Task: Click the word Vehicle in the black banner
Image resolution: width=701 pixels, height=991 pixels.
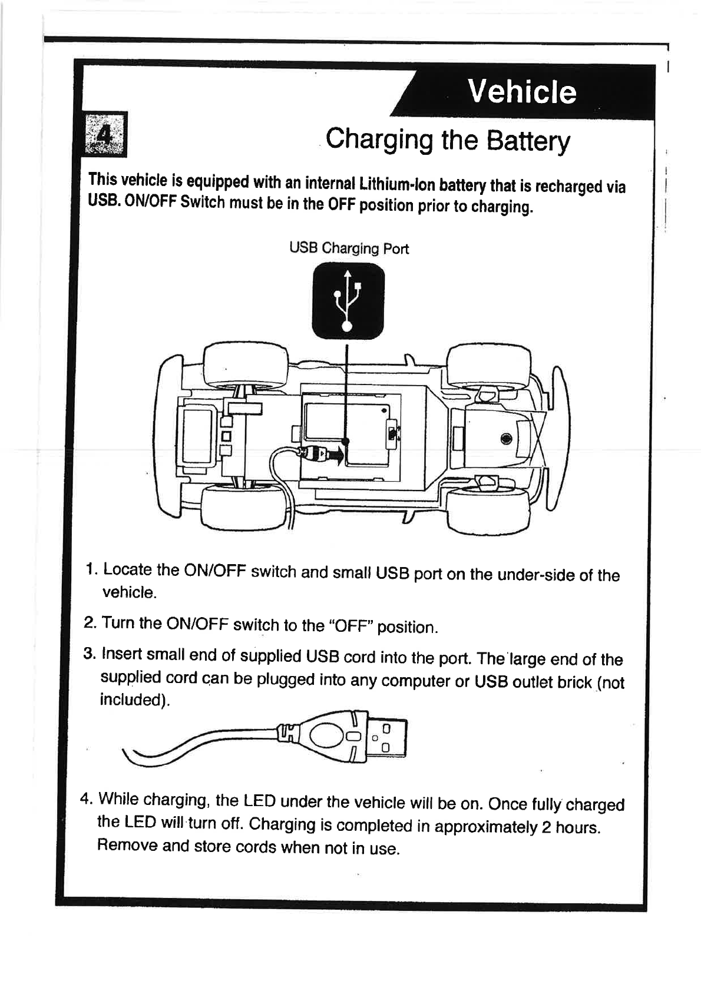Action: (522, 92)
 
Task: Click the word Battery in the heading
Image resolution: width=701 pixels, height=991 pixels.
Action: (528, 141)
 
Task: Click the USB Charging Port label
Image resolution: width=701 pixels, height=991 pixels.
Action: (349, 248)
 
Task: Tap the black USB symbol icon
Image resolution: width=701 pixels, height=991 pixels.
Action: (348, 301)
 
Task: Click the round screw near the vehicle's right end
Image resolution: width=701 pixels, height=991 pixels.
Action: (505, 439)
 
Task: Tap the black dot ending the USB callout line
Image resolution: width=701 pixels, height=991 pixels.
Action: (346, 441)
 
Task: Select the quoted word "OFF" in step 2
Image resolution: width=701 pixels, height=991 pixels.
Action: (351, 625)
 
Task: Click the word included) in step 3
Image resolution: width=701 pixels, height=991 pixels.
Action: (135, 700)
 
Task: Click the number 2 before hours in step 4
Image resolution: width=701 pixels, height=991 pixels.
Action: (546, 827)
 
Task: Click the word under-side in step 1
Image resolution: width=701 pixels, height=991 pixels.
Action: (535, 575)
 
